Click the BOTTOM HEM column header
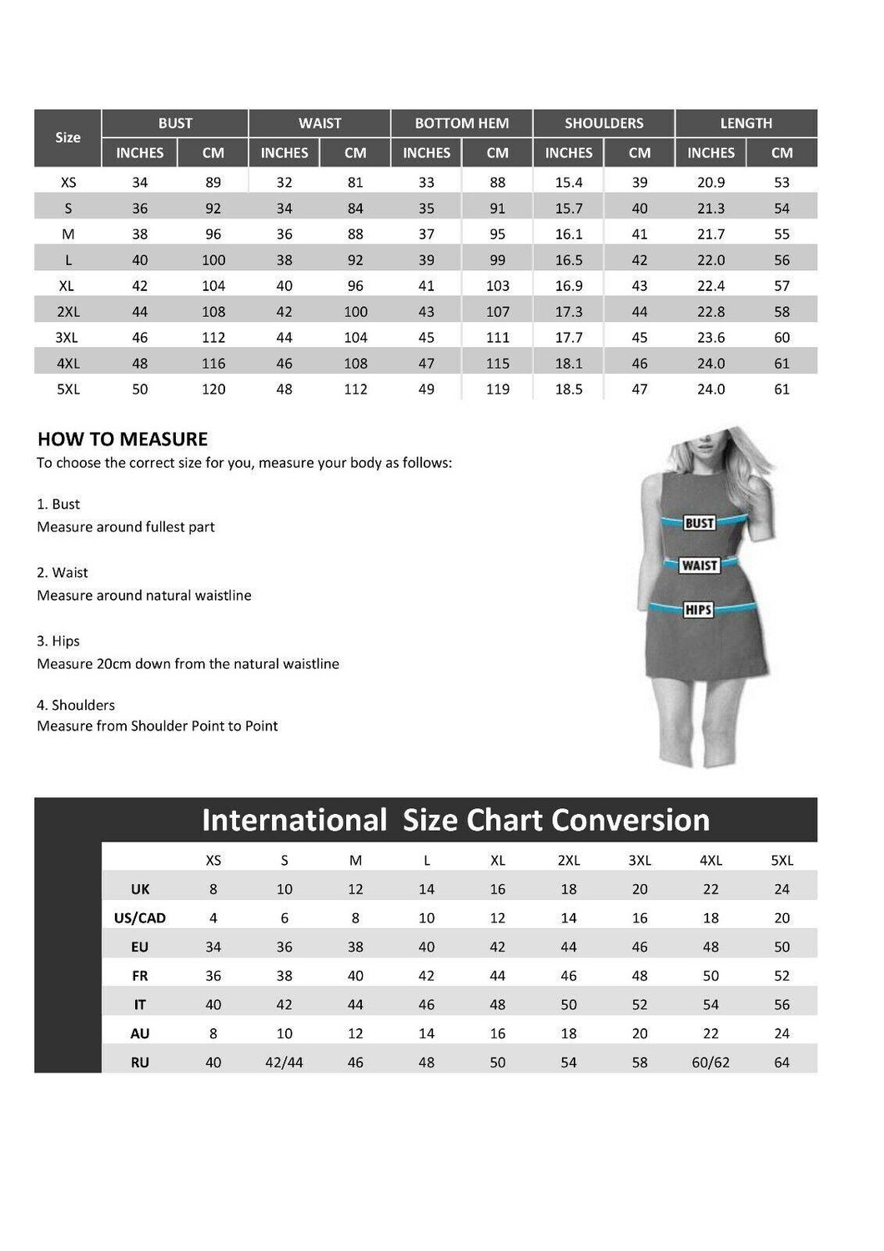click(x=461, y=123)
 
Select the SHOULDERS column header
click(x=604, y=123)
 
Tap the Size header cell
click(x=68, y=138)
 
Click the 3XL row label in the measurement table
click(x=68, y=338)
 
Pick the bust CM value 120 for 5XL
click(x=213, y=389)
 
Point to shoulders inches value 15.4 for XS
click(x=569, y=183)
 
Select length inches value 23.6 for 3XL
click(x=711, y=338)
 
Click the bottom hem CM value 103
click(x=498, y=286)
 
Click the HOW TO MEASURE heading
click(x=123, y=440)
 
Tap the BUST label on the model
click(x=699, y=523)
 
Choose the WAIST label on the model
click(x=699, y=565)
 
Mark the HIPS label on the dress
click(x=698, y=610)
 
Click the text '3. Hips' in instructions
click(x=58, y=641)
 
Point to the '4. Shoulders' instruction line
click(x=76, y=706)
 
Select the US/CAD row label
click(x=139, y=918)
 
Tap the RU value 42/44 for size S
click(x=284, y=1063)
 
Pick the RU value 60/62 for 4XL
click(x=711, y=1063)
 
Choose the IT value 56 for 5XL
click(x=781, y=1005)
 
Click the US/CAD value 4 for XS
click(x=213, y=918)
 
